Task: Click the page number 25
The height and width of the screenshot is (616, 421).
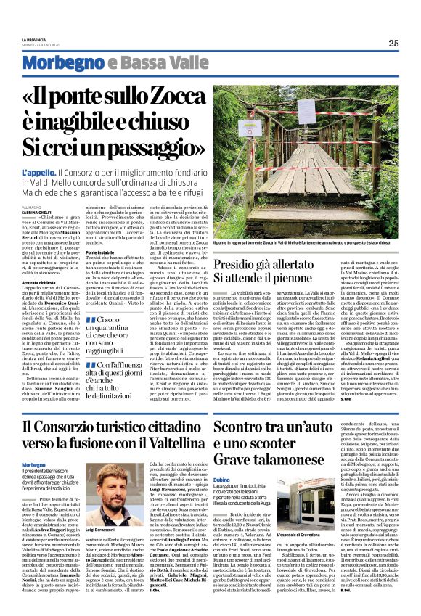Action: click(x=393, y=44)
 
